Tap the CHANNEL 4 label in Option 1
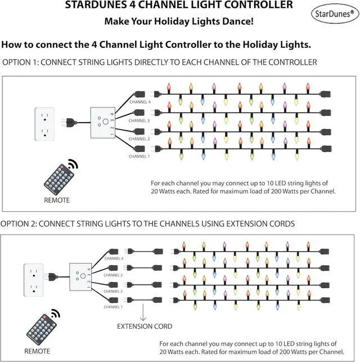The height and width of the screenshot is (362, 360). coord(139,102)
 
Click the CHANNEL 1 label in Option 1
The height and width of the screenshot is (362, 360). coord(139,156)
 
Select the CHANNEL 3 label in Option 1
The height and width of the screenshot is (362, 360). coord(139,120)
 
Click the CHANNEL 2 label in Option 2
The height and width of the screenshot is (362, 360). coord(113,291)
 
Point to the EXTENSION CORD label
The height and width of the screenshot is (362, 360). coord(145,326)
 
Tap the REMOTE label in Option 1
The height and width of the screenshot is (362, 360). coord(57,200)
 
